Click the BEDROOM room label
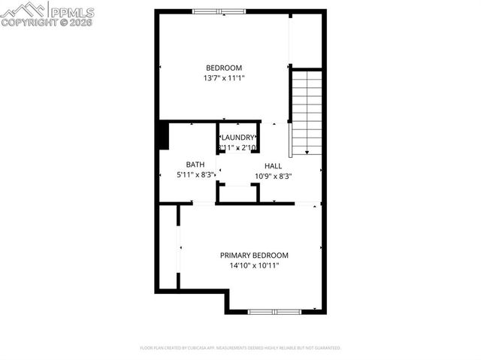223,68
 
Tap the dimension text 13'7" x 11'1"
223,78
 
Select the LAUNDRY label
237,138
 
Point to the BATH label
195,164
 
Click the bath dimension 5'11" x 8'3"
195,174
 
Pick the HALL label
273,165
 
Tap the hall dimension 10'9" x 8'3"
273,176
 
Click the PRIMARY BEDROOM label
254,256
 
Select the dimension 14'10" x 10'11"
254,265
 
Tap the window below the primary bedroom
274,311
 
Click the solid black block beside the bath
163,136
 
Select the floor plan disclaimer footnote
240,348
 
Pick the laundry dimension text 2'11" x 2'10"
237,148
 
